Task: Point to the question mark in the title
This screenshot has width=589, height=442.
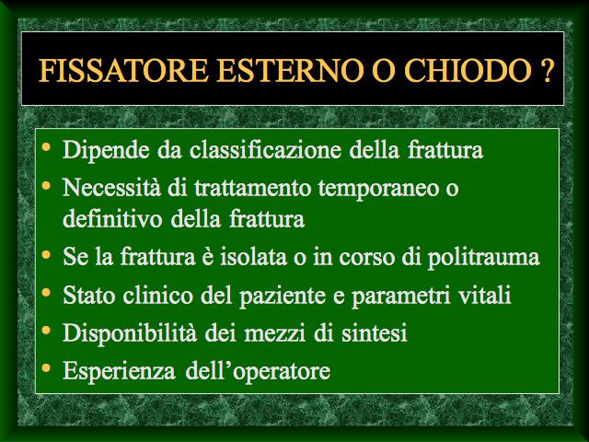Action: (548, 70)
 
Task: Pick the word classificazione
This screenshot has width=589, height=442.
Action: (265, 149)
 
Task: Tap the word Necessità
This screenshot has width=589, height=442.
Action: (111, 187)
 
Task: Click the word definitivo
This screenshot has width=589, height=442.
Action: (112, 218)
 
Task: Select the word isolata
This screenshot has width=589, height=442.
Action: (254, 257)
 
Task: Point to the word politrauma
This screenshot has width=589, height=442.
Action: (484, 258)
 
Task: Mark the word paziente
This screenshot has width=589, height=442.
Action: (283, 296)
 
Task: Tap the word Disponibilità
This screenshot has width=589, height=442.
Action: (130, 332)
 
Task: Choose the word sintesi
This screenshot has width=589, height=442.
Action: (375, 333)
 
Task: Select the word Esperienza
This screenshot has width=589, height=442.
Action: (119, 371)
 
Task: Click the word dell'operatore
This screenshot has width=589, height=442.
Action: (258, 371)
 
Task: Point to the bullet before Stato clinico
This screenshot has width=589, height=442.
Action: (46, 292)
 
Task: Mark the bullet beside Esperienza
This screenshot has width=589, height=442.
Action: (46, 367)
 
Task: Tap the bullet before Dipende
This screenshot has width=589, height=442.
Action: (46, 146)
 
